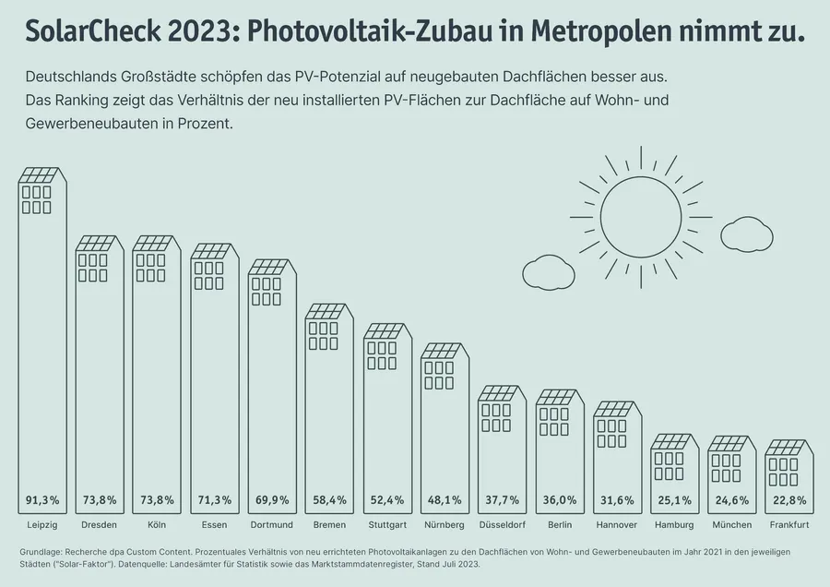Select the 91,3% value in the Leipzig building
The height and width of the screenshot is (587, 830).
pyautogui.click(x=42, y=500)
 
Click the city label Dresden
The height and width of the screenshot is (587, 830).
pyautogui.click(x=100, y=525)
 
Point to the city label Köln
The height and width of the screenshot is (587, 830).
pyautogui.click(x=157, y=525)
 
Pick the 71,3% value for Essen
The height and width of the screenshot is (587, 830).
pyautogui.click(x=214, y=500)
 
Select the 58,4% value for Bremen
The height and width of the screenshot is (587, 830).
pyautogui.click(x=329, y=500)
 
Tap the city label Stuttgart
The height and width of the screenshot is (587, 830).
pyautogui.click(x=386, y=525)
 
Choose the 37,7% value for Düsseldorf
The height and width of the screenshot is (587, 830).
pyautogui.click(x=502, y=500)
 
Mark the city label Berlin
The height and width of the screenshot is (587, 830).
pyautogui.click(x=559, y=525)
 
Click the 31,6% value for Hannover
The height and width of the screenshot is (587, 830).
pyautogui.click(x=616, y=500)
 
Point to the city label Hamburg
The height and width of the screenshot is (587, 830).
pyautogui.click(x=673, y=525)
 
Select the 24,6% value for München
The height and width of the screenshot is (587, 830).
pyautogui.click(x=731, y=500)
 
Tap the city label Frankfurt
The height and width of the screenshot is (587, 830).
pyautogui.click(x=788, y=525)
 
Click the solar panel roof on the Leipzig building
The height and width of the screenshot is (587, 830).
pyautogui.click(x=42, y=175)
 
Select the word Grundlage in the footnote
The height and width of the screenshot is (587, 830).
pyautogui.click(x=42, y=551)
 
